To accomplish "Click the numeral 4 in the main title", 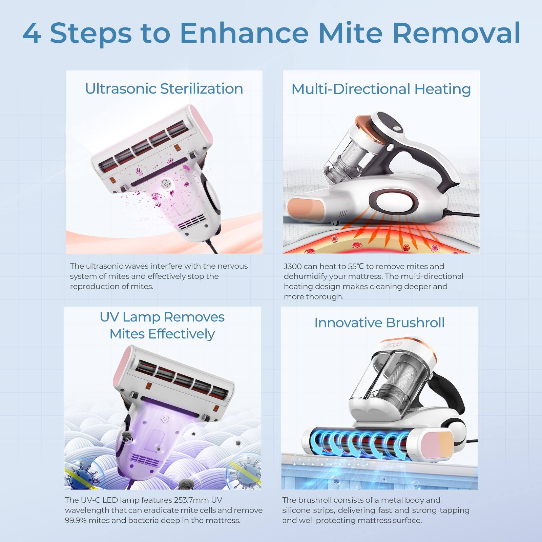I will coord(32,33).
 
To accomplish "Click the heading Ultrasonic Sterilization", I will coord(164,89).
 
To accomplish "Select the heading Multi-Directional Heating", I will coord(381,89).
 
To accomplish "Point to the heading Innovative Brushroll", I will coord(379,322).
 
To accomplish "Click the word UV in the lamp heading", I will coord(109,317).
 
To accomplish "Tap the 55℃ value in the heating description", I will coord(356,266).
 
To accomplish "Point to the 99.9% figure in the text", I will coord(76,520).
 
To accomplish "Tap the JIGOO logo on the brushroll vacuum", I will coord(393,345).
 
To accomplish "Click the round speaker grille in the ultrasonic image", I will coord(165,184).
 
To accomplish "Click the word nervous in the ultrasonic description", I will coord(232,266).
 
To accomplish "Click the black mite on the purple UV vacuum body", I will coord(127,437).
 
